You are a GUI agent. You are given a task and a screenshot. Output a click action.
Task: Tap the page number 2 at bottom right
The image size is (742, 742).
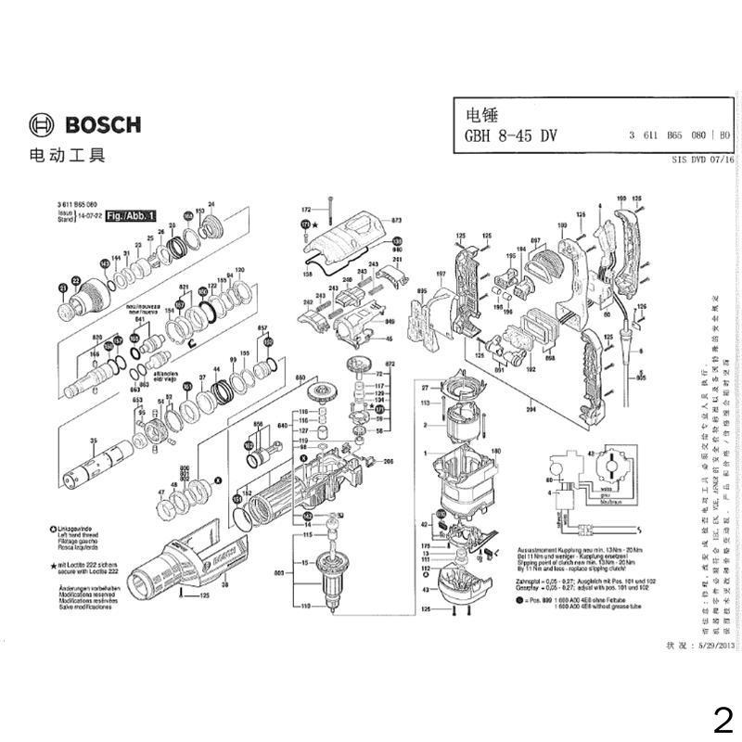723,719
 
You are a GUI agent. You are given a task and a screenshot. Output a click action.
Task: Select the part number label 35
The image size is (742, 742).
93,441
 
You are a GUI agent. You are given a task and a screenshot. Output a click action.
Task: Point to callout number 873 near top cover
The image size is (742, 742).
396,220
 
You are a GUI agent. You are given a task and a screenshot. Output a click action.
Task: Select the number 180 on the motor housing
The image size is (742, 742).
495,451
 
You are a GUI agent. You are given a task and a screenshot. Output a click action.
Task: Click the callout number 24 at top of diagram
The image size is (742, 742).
211,204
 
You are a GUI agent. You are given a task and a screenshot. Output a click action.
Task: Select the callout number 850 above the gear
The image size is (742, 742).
300,377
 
